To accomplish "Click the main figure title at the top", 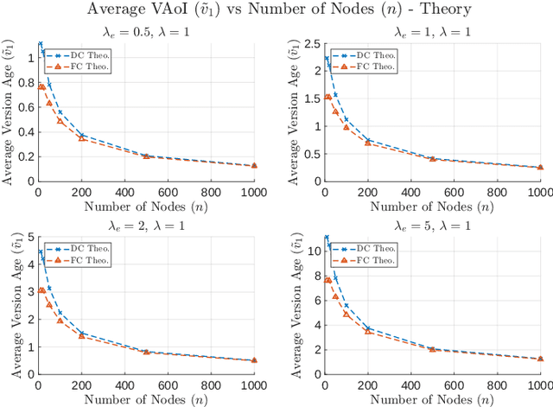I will pyautogui.click(x=276, y=10).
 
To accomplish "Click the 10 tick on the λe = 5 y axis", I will pyautogui.click(x=312, y=251).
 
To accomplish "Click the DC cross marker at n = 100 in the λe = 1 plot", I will pyautogui.click(x=346, y=120).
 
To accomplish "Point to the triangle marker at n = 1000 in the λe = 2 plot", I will pyautogui.click(x=254, y=361).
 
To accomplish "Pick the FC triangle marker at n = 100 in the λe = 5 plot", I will pyautogui.click(x=346, y=314).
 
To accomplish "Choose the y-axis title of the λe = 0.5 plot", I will pyautogui.click(x=10, y=111).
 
